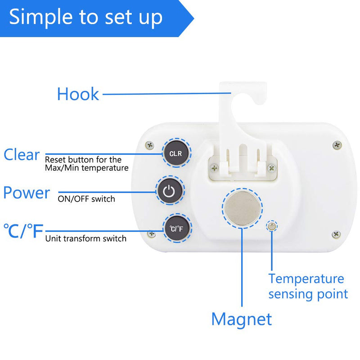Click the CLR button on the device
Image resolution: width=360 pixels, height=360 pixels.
(175, 153)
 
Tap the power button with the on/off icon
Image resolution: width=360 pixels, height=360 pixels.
(169, 191)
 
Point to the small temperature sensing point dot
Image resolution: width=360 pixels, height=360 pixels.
(271, 226)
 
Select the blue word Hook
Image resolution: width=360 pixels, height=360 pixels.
(78, 94)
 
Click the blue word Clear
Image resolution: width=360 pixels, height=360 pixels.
(22, 155)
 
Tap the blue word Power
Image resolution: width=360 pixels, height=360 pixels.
(27, 193)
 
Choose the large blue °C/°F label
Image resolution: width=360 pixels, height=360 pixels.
(23, 231)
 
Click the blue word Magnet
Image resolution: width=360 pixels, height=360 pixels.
(242, 319)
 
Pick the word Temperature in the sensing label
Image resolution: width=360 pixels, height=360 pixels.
(306, 279)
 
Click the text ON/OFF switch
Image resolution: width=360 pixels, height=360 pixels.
(86, 198)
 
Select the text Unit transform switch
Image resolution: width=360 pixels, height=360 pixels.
(85, 238)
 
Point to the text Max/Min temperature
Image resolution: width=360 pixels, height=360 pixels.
(87, 168)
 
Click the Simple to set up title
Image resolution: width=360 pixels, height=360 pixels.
(85, 17)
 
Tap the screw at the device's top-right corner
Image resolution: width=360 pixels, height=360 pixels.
(337, 144)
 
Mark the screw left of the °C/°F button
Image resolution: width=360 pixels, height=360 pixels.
(152, 234)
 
